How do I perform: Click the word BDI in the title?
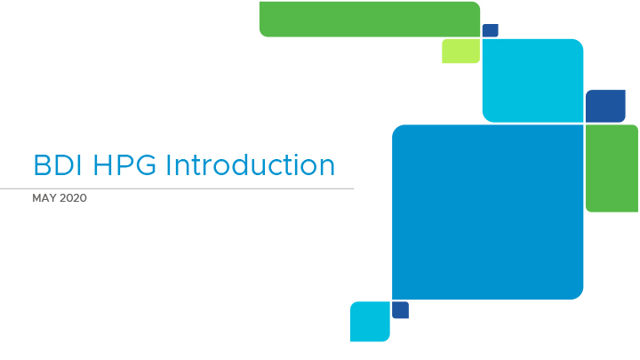pyautogui.click(x=58, y=165)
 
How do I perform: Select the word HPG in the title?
pyautogui.click(x=124, y=165)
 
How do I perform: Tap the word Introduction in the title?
pyautogui.click(x=250, y=165)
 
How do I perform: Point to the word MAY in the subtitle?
pyautogui.click(x=44, y=198)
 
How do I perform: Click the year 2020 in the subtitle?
pyautogui.click(x=73, y=198)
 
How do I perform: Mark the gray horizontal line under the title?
pyautogui.click(x=177, y=188)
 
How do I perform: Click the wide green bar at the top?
pyautogui.click(x=370, y=20)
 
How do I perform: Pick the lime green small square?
pyautogui.click(x=460, y=51)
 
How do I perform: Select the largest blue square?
pyautogui.click(x=488, y=212)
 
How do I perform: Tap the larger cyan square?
pyautogui.click(x=532, y=80)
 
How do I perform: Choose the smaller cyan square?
pyautogui.click(x=370, y=322)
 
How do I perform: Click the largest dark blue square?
pyautogui.click(x=605, y=106)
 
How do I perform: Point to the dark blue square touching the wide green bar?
pyautogui.click(x=490, y=30)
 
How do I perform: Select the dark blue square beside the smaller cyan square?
pyautogui.click(x=400, y=310)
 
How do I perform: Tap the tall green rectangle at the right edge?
pyautogui.click(x=612, y=168)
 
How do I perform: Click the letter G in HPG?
pyautogui.click(x=145, y=165)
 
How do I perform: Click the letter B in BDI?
pyautogui.click(x=42, y=165)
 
